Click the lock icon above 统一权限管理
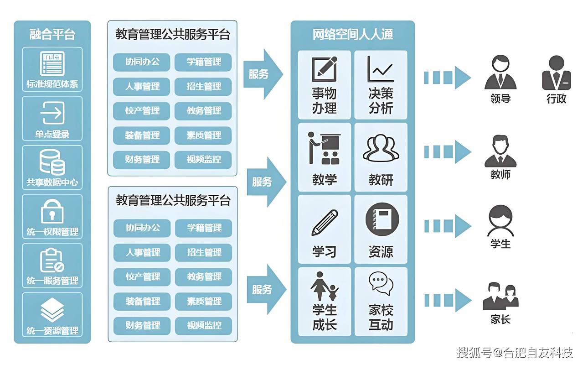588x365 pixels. click(x=52, y=211)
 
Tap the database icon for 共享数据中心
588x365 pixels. click(x=52, y=162)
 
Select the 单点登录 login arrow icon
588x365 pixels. click(x=52, y=113)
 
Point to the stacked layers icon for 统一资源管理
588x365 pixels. click(x=52, y=309)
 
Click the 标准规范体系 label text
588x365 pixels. click(x=52, y=84)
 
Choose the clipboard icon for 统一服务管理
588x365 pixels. click(x=52, y=261)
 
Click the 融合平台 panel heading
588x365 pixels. click(x=52, y=35)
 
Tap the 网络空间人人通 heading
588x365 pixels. click(x=352, y=35)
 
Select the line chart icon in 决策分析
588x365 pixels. click(x=380, y=69)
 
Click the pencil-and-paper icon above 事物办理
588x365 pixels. click(x=324, y=69)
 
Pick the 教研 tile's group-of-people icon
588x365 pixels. click(x=381, y=148)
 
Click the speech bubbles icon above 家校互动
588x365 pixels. click(x=381, y=284)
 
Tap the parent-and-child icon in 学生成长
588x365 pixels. click(x=325, y=287)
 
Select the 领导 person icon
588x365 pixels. click(x=500, y=73)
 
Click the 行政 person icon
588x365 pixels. click(x=556, y=73)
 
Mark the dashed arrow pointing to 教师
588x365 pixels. click(x=447, y=151)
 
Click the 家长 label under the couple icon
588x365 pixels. click(x=500, y=319)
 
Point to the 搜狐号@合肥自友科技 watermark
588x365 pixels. click(x=515, y=352)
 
